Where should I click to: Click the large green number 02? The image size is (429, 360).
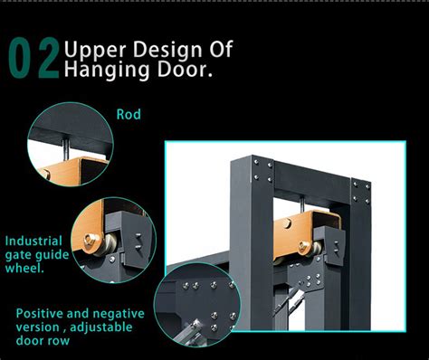point(33,58)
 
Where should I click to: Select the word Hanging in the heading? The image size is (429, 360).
point(107,70)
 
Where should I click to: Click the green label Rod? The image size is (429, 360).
point(129,115)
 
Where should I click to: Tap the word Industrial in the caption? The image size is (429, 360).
point(33,242)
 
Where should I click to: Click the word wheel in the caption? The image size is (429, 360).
point(24,268)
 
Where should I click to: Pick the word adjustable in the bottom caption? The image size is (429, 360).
point(101,327)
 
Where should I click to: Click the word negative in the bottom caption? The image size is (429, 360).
point(119,314)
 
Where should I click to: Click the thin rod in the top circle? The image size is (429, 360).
point(66,149)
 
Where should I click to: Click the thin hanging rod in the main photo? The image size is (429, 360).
point(301,204)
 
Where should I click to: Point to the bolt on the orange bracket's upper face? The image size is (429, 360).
point(288,223)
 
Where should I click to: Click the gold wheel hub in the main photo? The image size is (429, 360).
point(303,247)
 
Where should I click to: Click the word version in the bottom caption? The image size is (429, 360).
point(37,327)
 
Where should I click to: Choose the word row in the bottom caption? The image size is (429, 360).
point(59,341)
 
